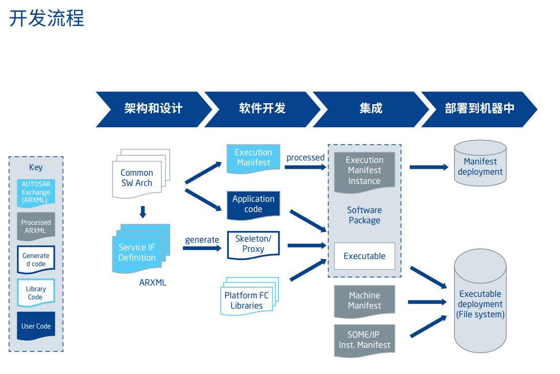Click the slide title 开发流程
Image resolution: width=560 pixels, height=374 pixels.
(x=46, y=18)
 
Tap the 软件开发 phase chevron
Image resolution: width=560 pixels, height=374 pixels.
(x=262, y=109)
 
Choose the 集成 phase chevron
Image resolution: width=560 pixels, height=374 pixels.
(x=370, y=109)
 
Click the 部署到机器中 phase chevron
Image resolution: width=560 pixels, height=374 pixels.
(x=479, y=109)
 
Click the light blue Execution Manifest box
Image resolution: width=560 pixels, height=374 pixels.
(x=253, y=157)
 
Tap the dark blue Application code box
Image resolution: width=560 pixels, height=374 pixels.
(x=253, y=204)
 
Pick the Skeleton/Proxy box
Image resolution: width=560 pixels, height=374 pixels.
(x=253, y=244)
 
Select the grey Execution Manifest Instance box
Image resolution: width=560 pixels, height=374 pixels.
(x=364, y=171)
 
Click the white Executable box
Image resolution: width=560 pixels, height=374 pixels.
(x=364, y=256)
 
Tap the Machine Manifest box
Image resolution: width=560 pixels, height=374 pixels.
(x=364, y=300)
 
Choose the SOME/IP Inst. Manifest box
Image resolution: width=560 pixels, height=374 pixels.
(x=364, y=340)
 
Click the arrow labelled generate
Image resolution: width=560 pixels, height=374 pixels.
(x=202, y=249)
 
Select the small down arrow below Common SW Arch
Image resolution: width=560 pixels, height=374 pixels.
(x=143, y=212)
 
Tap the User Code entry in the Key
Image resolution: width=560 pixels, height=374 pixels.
(x=36, y=326)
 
